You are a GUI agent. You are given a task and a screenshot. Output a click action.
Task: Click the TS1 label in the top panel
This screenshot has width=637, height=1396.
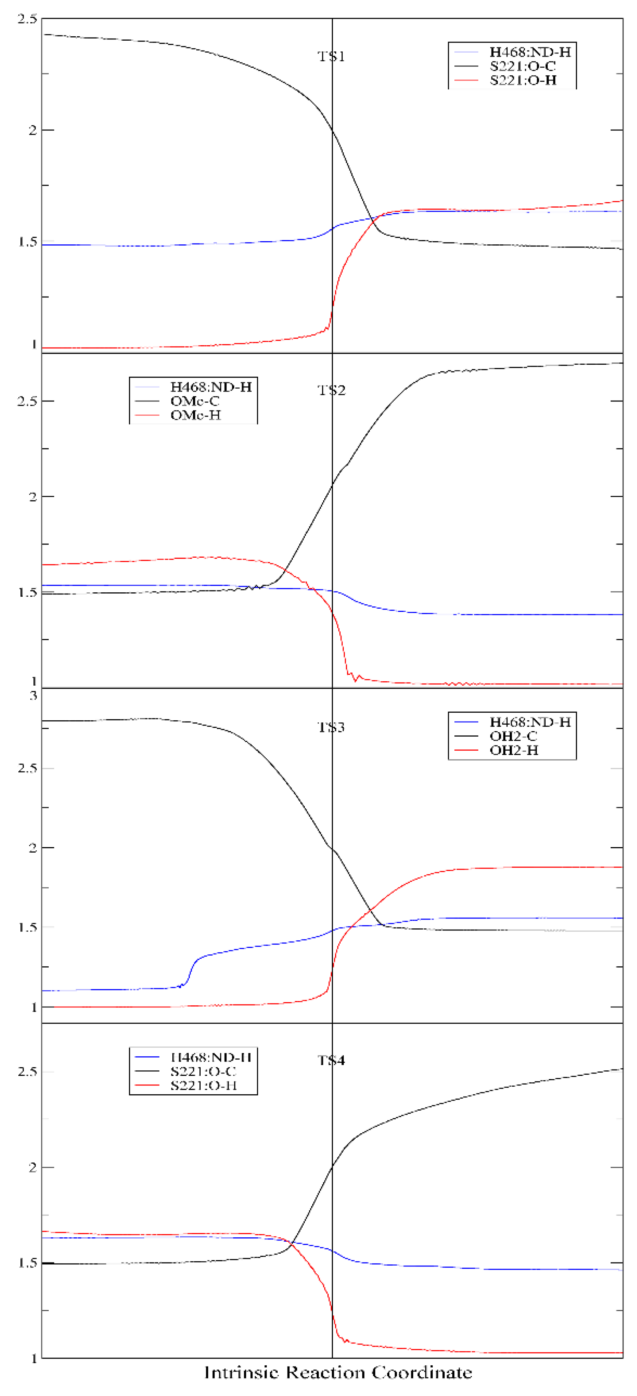coord(331,56)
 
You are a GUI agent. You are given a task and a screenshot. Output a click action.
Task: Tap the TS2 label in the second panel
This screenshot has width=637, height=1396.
coord(331,390)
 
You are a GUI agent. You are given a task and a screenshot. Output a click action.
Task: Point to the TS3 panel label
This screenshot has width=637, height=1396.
coord(331,727)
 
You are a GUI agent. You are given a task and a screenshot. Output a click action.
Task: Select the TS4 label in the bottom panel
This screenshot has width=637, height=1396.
coord(331,1060)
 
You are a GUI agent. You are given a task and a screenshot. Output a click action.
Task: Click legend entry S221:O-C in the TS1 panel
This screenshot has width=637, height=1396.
coord(523,66)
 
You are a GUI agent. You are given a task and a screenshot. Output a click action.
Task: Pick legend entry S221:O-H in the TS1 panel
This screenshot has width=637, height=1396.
coord(523,80)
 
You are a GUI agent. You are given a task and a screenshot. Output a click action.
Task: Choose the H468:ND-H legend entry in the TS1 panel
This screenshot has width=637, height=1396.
coord(530,52)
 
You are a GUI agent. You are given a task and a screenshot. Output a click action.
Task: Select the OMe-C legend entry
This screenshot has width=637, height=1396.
coord(195,401)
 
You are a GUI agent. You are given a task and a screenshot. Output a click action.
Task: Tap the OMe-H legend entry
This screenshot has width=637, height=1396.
coord(195,415)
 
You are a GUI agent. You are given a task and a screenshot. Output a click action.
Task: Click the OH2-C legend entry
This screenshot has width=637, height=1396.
coord(513,736)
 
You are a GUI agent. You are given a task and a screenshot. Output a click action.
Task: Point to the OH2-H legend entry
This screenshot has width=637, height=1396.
coord(513,750)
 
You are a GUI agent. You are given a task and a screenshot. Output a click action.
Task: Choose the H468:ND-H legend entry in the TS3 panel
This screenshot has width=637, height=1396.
coord(530,722)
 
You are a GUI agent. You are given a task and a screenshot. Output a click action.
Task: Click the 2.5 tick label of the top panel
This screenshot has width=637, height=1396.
coord(27,19)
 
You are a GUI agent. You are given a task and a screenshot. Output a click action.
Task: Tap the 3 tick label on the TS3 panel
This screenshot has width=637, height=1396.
coord(34,695)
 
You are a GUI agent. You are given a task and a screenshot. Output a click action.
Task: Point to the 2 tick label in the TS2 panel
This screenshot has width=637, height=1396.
coord(33,496)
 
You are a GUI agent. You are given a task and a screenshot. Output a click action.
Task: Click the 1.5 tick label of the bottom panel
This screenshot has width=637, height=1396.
coord(27,1263)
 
